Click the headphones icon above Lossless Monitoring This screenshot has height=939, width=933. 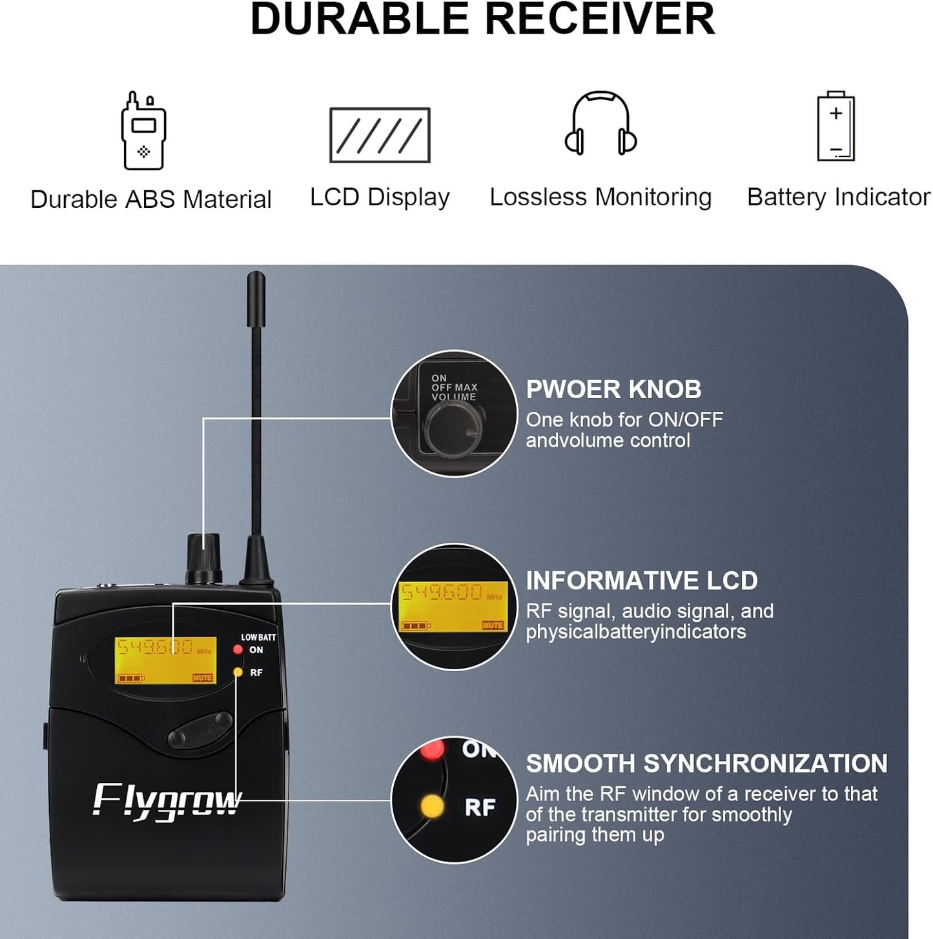[x=600, y=124]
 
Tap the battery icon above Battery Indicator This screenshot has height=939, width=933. [x=836, y=127]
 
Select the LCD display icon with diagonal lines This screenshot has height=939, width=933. [x=380, y=135]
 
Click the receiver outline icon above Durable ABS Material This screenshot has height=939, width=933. [x=143, y=132]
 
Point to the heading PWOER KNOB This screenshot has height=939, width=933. [x=613, y=389]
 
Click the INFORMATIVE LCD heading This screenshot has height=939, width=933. [x=641, y=581]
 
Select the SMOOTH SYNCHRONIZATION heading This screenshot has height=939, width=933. [x=706, y=763]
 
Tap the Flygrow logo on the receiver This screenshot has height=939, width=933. [x=167, y=802]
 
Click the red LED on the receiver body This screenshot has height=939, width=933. [x=238, y=649]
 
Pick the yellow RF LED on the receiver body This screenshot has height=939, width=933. [x=238, y=672]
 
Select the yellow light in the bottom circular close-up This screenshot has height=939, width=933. [x=432, y=806]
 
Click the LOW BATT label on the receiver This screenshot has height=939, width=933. [x=258, y=637]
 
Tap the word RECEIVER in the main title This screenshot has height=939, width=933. [x=600, y=19]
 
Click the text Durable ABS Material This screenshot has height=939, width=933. [x=151, y=199]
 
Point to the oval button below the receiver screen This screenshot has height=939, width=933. [x=200, y=731]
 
